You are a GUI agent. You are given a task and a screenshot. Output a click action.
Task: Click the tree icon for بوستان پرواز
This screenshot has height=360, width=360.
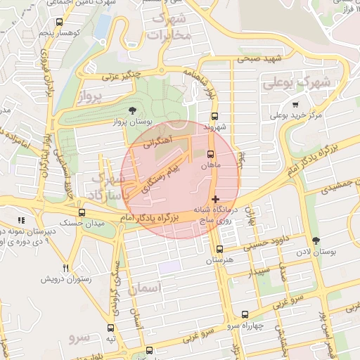pos(133,110)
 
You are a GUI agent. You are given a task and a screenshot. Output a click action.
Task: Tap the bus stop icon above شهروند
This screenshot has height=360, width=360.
pos(214,117)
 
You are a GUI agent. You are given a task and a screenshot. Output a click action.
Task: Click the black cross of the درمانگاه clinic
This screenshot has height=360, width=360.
pos(215,200)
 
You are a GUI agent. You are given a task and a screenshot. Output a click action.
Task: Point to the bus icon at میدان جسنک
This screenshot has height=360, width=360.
pos(82,212)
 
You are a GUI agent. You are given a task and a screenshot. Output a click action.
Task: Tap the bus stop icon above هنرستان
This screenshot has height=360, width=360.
pos(220,249)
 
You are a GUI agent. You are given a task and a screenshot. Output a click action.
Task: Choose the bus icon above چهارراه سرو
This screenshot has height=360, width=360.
pos(245,315)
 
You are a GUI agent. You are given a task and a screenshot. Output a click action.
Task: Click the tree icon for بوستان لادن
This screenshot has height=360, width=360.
pos(315,240)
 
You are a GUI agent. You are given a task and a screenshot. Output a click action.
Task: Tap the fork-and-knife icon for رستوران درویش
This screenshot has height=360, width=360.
pos(65,267)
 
